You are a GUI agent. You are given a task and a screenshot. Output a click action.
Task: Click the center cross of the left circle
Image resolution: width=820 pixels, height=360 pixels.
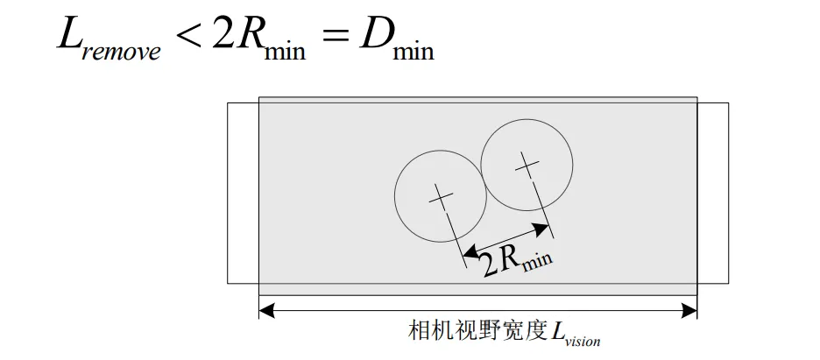coord(441,195)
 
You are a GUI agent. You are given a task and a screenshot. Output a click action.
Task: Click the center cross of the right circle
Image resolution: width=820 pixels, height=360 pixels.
coord(527,163)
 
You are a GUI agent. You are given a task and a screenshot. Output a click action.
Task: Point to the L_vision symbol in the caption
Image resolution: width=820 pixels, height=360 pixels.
coord(574,334)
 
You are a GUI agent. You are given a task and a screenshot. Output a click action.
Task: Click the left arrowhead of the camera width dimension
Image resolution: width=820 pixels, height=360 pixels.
coord(265,309)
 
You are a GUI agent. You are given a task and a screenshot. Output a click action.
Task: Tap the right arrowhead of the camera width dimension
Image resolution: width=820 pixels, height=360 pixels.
coord(691,309)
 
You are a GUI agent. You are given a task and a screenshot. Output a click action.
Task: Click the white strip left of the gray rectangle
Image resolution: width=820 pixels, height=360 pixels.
coord(243,193)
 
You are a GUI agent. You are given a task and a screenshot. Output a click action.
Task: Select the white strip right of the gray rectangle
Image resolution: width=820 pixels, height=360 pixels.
coord(712,193)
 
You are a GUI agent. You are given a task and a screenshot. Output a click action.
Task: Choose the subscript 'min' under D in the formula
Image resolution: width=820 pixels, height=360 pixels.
coord(413,50)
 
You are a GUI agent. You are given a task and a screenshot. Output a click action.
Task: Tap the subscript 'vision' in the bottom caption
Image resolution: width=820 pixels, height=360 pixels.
coord(583,341)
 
